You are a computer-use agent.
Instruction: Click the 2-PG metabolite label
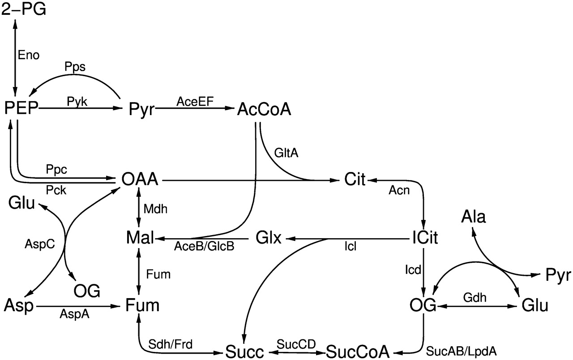click(24, 9)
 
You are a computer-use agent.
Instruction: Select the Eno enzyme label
click(29, 55)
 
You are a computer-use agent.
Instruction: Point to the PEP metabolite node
click(21, 108)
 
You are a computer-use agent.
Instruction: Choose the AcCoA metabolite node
click(264, 109)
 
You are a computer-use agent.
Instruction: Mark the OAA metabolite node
click(140, 180)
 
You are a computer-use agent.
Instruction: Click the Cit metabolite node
click(355, 180)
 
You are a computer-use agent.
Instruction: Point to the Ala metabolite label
click(474, 218)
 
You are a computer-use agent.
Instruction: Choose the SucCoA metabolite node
click(357, 351)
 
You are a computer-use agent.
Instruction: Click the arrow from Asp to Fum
click(81, 307)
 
